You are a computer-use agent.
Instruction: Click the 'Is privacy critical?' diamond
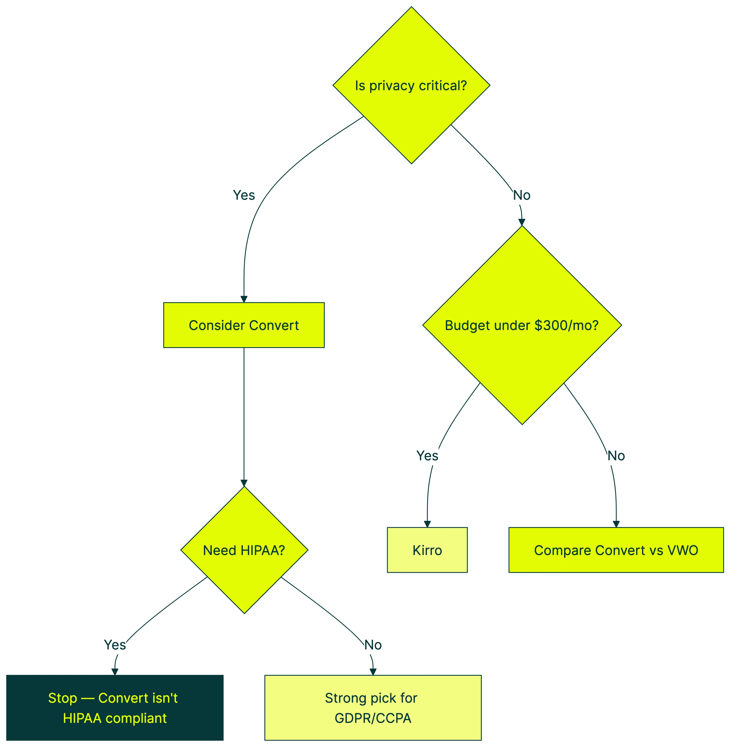click(411, 85)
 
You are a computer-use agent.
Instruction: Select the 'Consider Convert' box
click(244, 325)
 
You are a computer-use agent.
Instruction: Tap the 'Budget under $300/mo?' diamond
click(522, 325)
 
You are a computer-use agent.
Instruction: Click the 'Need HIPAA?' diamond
click(244, 550)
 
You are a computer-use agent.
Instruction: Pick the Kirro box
click(427, 550)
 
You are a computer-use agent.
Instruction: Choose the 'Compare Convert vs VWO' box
click(616, 550)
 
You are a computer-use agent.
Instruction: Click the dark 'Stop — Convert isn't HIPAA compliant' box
click(115, 708)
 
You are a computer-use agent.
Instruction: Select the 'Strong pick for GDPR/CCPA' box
click(373, 708)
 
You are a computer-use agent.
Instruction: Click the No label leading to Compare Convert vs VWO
click(616, 456)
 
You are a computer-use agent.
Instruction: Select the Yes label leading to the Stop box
click(115, 645)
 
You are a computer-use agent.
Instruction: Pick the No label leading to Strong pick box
click(373, 645)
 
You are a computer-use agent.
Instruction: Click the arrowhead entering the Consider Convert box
click(244, 299)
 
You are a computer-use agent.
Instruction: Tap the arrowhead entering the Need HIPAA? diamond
click(244, 483)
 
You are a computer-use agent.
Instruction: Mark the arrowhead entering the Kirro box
click(427, 524)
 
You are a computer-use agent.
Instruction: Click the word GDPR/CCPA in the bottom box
click(373, 718)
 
